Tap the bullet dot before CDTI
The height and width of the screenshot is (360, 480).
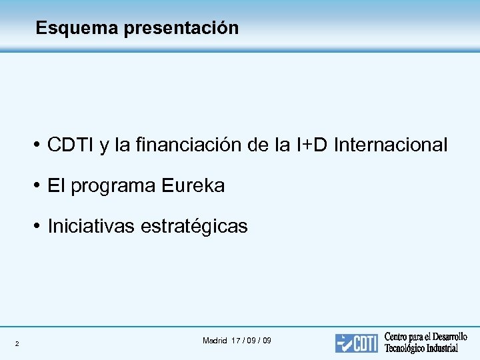tap(39, 145)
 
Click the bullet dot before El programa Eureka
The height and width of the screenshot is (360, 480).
tap(39, 186)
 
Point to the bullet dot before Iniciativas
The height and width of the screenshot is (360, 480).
tap(39, 227)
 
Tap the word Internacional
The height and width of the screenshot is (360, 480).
tap(391, 145)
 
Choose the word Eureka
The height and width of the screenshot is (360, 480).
tap(193, 186)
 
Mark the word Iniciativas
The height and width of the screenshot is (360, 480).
tap(91, 227)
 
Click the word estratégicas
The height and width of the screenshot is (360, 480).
tap(194, 227)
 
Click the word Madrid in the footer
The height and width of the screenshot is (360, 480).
tap(215, 341)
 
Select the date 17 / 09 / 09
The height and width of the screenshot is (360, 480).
tap(251, 341)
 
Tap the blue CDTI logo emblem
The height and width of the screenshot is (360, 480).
tap(356, 343)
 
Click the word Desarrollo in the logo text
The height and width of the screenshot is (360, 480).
tap(447, 337)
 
